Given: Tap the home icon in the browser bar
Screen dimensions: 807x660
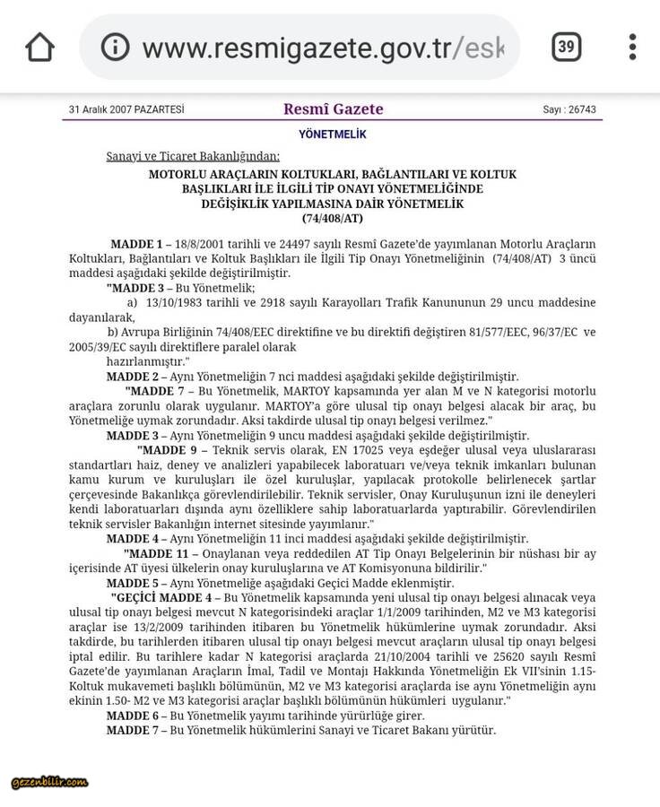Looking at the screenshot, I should pos(40,47).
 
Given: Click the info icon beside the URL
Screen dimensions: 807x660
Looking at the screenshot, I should pos(115,47).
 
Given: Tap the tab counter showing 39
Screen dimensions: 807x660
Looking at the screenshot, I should pos(566,47).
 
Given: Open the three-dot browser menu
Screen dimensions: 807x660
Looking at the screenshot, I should pos(633,47).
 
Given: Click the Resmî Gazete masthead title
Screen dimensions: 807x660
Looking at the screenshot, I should pos(333,109).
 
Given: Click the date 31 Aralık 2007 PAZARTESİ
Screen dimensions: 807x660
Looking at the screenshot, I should pos(126,110).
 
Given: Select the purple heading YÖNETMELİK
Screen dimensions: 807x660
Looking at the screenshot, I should pos(333,134).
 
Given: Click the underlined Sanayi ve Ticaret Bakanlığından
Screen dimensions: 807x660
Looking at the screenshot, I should pos(193,156).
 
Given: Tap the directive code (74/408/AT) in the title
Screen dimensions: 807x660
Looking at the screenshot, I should pos(333,218).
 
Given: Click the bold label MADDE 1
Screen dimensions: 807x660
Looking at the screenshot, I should pos(136,244).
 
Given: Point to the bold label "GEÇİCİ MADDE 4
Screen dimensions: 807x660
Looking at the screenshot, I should pos(161,597).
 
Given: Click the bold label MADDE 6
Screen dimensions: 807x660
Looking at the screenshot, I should pos(132,716).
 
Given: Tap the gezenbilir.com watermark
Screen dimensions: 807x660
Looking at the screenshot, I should pos(49,782).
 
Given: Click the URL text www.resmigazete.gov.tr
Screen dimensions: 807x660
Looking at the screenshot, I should pos(297,47).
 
